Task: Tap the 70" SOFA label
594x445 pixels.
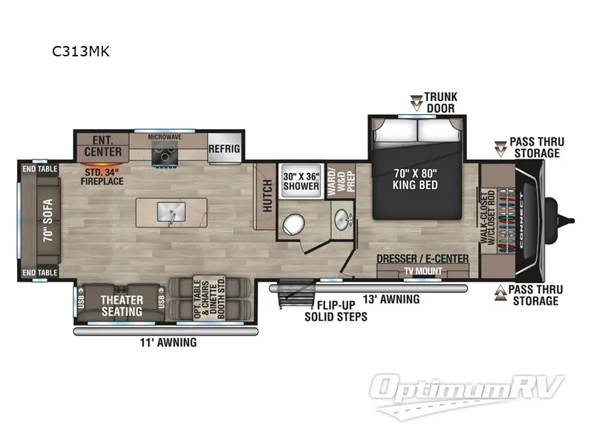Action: pyautogui.click(x=41, y=219)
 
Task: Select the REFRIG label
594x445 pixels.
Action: pyautogui.click(x=224, y=148)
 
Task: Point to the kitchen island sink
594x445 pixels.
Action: pyautogui.click(x=169, y=211)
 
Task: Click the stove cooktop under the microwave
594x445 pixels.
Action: pyautogui.click(x=163, y=154)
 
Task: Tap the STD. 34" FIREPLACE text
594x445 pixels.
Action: pyautogui.click(x=102, y=176)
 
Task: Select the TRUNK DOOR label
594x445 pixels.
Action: pyautogui.click(x=440, y=102)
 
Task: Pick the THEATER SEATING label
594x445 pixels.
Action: pyautogui.click(x=122, y=306)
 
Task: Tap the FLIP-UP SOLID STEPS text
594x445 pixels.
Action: pyautogui.click(x=335, y=311)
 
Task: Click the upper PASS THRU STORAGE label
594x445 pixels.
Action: pyautogui.click(x=535, y=147)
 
